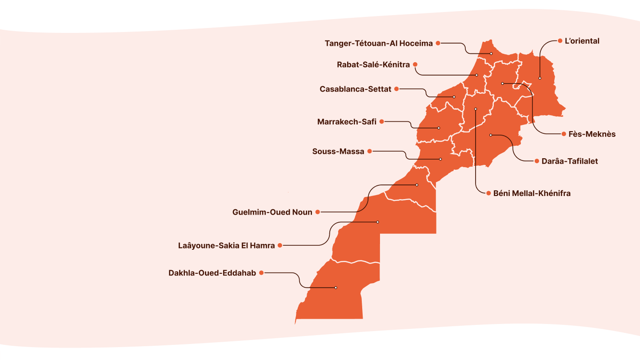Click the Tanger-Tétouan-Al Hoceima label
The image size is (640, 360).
tap(378, 43)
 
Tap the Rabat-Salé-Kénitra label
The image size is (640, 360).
tap(373, 65)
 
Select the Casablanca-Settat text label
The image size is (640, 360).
tap(355, 89)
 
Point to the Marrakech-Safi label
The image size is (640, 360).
tap(347, 122)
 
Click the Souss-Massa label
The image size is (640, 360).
tap(338, 152)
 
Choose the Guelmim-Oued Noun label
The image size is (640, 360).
tap(272, 212)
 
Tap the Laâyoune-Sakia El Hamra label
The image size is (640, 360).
tap(226, 245)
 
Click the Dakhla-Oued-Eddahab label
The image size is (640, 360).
tap(212, 273)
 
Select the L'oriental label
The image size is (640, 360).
tap(582, 41)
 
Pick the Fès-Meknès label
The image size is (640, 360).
tap(592, 134)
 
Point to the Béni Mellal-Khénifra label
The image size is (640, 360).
tap(532, 193)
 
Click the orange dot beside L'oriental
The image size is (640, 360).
tap(560, 41)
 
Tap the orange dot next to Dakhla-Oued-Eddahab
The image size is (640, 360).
tap(261, 272)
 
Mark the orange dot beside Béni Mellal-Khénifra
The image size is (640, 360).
tap(488, 193)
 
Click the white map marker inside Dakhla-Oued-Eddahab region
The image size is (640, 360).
tap(336, 288)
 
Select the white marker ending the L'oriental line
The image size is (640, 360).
tap(540, 78)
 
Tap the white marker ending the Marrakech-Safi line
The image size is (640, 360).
tap(439, 128)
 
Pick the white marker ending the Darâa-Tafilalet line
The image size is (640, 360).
tap(491, 135)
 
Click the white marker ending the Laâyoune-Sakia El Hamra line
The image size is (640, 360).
tap(378, 222)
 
